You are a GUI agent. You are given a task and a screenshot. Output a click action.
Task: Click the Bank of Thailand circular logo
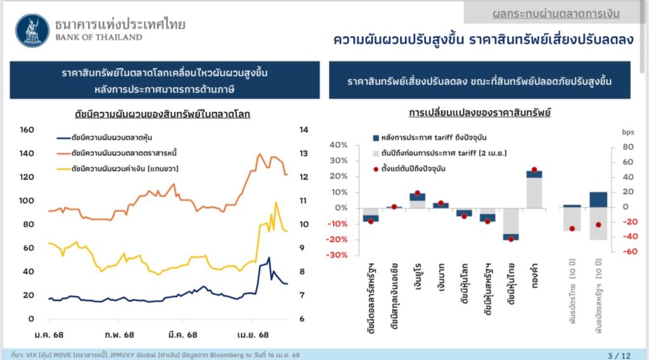(x=32, y=29)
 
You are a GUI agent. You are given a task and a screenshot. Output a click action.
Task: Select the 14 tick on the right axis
(x=304, y=130)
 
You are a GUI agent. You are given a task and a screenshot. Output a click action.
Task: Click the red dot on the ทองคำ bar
(x=534, y=170)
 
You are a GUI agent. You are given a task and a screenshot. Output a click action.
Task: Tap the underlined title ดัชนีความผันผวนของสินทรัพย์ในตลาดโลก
(x=161, y=114)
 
